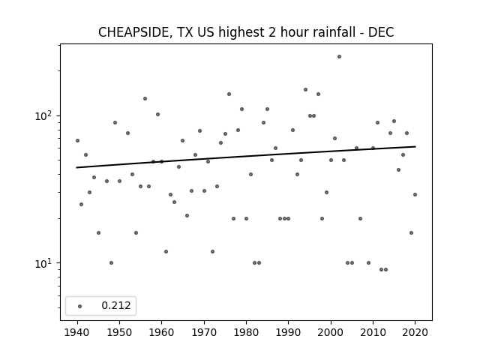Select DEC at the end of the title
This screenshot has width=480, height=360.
pyautogui.click(x=381, y=32)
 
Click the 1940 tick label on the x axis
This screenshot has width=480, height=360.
pyautogui.click(x=77, y=332)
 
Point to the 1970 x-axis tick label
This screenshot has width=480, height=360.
pyautogui.click(x=204, y=332)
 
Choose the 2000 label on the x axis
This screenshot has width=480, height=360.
pyautogui.click(x=331, y=332)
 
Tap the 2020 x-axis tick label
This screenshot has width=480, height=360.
pyautogui.click(x=415, y=332)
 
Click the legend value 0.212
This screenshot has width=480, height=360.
pyautogui.click(x=116, y=305)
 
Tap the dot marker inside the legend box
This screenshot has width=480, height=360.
pyautogui.click(x=80, y=306)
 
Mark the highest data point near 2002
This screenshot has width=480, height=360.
pyautogui.click(x=339, y=57)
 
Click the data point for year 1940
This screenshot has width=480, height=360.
pyautogui.click(x=77, y=140)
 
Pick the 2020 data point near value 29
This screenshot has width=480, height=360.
pyautogui.click(x=415, y=194)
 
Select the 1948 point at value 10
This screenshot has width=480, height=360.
pyautogui.click(x=111, y=263)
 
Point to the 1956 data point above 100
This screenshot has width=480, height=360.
pyautogui.click(x=145, y=98)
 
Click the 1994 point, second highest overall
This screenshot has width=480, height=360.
pyautogui.click(x=305, y=90)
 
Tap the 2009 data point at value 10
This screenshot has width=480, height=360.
pyautogui.click(x=368, y=263)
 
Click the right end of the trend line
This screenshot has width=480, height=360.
pyautogui.click(x=415, y=147)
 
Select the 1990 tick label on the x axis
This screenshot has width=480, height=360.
pyautogui.click(x=288, y=332)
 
